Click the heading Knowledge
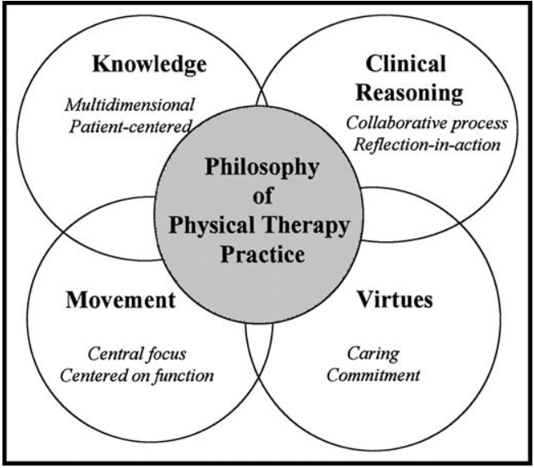point(149,64)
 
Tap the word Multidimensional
point(130,104)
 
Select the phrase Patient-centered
point(130,126)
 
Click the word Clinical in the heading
point(406,64)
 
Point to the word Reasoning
point(409,93)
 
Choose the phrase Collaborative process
point(426,123)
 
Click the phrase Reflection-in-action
point(426,144)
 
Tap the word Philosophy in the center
point(262,168)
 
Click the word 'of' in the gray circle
point(263,196)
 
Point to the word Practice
point(263,254)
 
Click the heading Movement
point(121,300)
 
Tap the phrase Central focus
point(137,354)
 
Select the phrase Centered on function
point(137,375)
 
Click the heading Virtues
point(395,299)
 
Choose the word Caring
point(373,354)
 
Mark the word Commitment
point(373,375)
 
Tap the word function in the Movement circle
point(184,376)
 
